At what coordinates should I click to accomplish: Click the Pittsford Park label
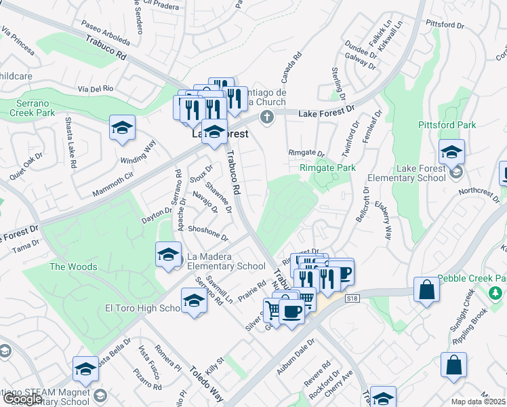(x=466, y=125)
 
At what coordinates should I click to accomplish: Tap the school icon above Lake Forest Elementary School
(x=451, y=153)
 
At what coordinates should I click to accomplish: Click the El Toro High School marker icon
(x=194, y=301)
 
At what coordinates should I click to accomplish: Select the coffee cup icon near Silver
(x=291, y=312)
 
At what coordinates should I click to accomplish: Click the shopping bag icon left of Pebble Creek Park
(x=427, y=290)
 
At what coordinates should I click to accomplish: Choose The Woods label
(x=73, y=267)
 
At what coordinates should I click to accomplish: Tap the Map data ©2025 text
(x=479, y=402)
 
